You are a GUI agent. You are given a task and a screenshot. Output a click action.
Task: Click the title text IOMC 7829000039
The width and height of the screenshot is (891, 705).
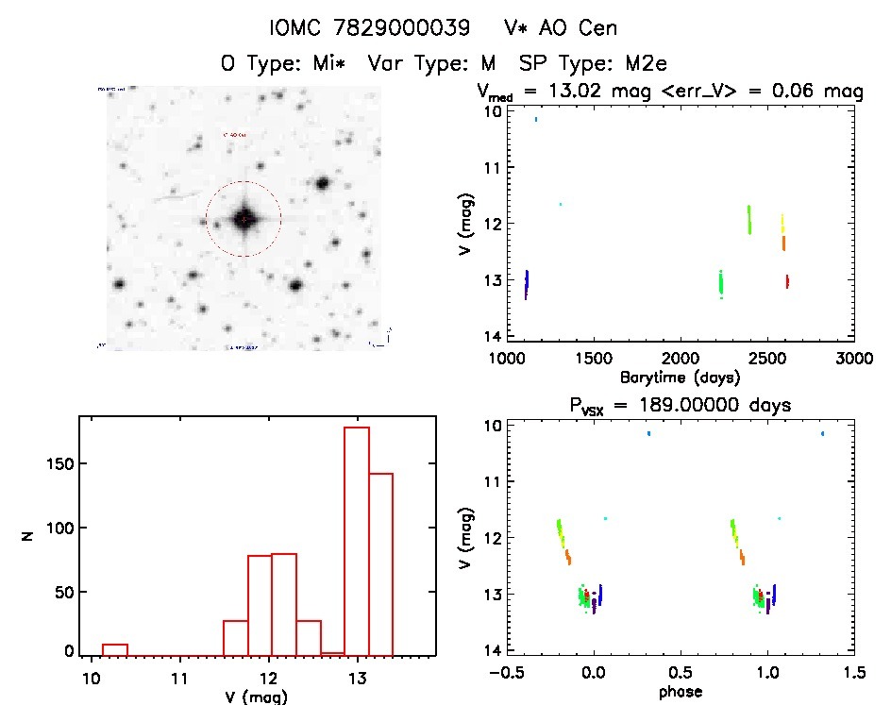coord(369,28)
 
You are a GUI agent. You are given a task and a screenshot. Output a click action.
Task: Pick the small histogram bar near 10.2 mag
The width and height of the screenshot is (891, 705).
coord(114,648)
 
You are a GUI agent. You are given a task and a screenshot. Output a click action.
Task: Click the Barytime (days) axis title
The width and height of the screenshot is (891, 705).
coord(680,378)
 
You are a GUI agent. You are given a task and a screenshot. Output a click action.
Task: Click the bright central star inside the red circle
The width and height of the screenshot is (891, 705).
coord(244,219)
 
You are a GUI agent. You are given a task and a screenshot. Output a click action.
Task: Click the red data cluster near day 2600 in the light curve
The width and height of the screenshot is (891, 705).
coord(786,281)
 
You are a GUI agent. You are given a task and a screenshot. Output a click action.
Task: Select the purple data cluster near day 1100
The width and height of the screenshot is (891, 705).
coord(526,284)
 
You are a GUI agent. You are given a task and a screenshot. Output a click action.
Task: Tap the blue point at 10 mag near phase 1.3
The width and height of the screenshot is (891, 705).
coord(823,433)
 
